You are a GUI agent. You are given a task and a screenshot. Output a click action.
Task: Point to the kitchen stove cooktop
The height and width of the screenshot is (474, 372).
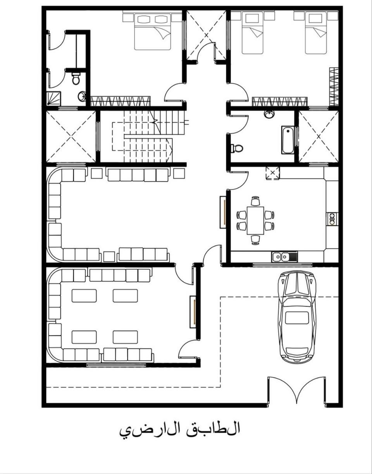(332, 219)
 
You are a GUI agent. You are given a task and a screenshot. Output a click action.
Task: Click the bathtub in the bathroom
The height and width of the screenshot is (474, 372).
(288, 140)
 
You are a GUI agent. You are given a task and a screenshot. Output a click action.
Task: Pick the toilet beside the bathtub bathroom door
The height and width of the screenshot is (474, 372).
(237, 148)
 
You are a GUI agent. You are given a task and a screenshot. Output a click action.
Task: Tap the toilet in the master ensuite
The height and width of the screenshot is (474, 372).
(76, 79)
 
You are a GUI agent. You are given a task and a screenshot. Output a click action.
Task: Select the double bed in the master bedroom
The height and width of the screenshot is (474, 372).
(153, 31)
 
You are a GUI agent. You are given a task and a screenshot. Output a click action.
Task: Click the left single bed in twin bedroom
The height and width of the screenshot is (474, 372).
(252, 33)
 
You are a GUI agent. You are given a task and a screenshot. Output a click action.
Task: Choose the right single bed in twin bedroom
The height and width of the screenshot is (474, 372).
(316, 33)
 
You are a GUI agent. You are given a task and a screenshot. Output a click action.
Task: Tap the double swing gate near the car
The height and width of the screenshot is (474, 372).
(296, 390)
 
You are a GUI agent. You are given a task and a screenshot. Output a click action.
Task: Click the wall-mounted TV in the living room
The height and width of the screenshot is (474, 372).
(223, 212)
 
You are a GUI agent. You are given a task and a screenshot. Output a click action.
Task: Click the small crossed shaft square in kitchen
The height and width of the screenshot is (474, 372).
(273, 173)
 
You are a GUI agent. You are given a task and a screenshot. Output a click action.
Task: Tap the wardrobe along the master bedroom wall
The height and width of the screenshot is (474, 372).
(120, 101)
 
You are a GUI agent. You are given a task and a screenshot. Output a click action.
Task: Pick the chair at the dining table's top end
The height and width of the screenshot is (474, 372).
(255, 201)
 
